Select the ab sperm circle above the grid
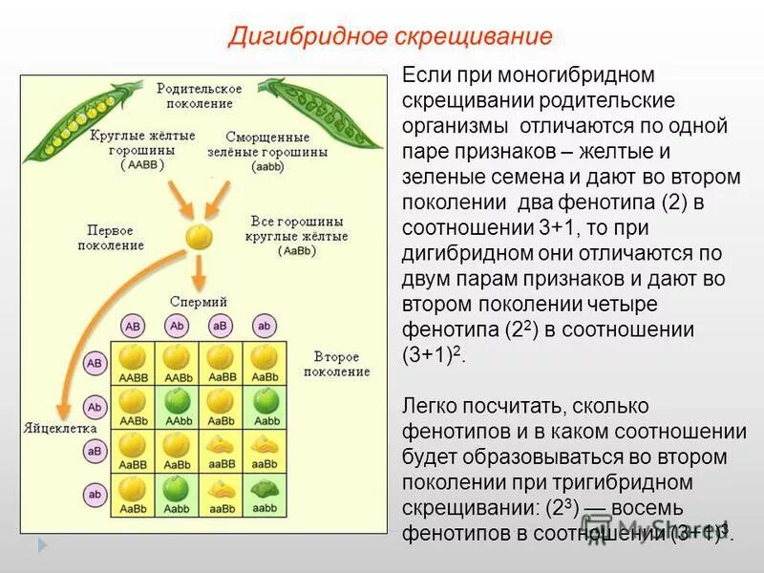tap(264, 325)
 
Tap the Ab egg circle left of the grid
tap(95, 407)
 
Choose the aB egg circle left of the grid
tap(95, 450)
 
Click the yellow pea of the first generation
tap(199, 236)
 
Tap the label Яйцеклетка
tap(56, 429)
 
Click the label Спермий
tap(199, 301)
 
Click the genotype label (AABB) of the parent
tap(142, 164)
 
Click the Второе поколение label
tap(341, 364)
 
